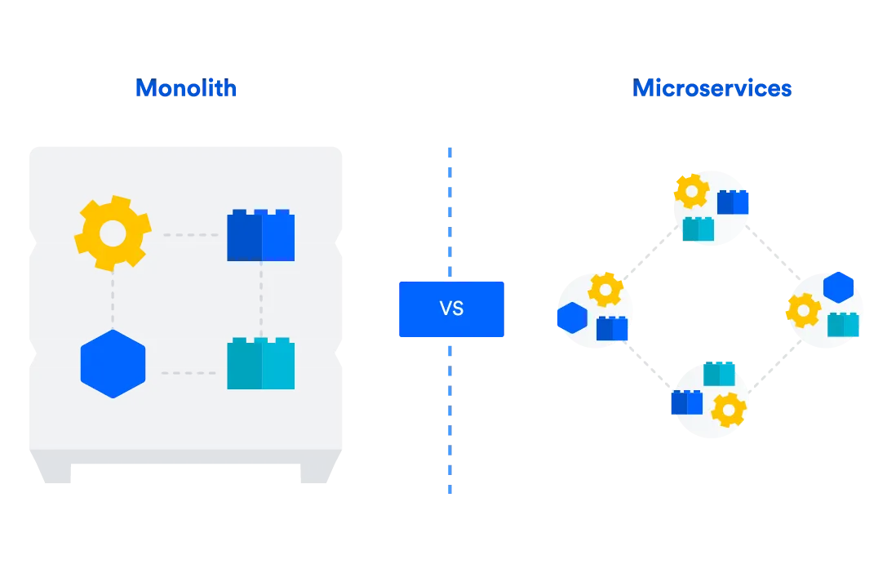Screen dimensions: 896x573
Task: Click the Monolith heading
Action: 186,88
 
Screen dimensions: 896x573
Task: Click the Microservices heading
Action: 712,88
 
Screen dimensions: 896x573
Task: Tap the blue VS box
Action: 451,309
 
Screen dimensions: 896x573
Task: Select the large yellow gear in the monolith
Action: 113,233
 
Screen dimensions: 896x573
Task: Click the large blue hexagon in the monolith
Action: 113,364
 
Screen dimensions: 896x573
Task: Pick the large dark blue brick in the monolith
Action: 261,235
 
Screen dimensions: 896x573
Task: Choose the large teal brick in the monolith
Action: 261,363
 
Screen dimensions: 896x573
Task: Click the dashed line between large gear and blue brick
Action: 191,235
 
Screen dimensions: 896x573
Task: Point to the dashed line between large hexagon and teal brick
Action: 189,373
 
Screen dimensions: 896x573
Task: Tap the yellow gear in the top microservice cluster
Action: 691,191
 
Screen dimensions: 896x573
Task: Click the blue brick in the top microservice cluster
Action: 733,202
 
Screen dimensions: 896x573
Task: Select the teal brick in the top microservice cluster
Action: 699,229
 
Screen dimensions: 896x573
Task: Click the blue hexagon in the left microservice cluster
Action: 573,318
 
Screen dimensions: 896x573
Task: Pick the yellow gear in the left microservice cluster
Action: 605,290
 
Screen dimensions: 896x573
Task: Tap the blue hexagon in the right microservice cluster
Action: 838,287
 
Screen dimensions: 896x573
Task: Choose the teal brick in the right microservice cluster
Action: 843,324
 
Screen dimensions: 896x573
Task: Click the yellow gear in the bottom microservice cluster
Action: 729,410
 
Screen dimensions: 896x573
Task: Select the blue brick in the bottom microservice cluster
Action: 687,402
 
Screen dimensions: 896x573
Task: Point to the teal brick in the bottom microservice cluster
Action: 719,373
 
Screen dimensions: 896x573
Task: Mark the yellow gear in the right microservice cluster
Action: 804,310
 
